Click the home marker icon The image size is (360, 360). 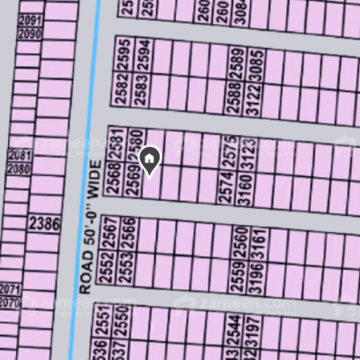tap(150, 160)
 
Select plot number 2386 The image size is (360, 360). tap(45, 221)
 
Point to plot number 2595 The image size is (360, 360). tap(124, 53)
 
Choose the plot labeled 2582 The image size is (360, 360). tap(124, 90)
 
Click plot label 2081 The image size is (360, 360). tap(19, 157)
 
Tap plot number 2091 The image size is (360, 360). tap(31, 20)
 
